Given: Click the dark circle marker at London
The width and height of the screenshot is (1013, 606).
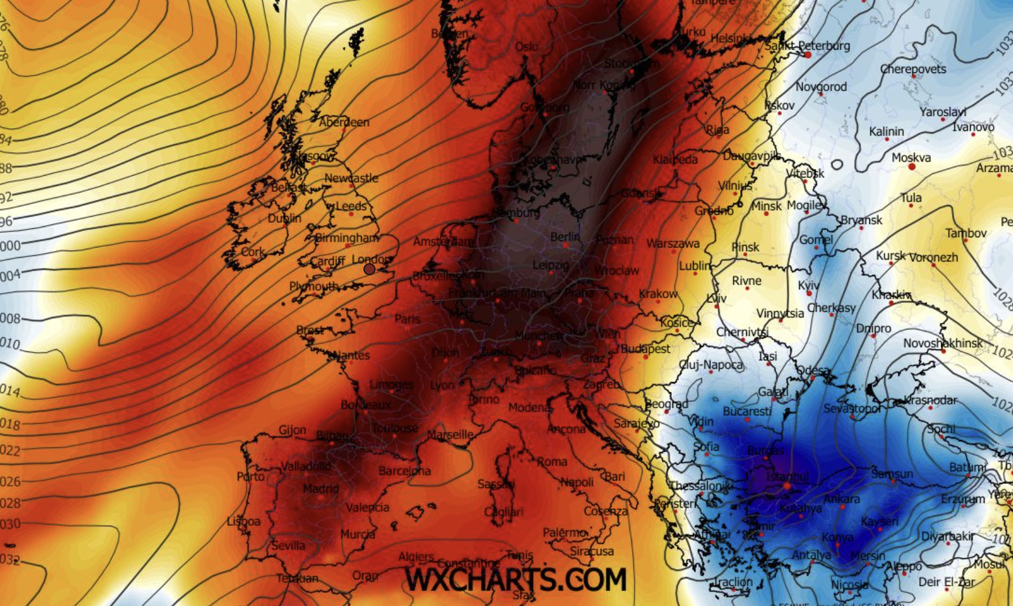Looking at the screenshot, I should [369, 269].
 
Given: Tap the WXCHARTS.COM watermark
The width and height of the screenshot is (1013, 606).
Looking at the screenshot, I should [515, 579].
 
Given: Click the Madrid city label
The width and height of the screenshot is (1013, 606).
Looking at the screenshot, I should [321, 488].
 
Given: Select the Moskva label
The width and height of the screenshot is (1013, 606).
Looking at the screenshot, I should [911, 158].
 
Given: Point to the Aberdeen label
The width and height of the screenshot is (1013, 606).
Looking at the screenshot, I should [344, 122].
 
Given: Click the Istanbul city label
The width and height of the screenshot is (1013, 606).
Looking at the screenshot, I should [787, 477].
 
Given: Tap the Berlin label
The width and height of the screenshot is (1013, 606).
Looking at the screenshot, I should [564, 237].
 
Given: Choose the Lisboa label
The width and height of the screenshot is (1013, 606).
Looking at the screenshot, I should [243, 521].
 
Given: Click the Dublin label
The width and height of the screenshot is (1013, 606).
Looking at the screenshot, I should [284, 218].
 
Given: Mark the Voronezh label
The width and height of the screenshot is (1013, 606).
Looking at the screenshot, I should [933, 257].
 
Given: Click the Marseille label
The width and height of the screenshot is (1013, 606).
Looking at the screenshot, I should [450, 435].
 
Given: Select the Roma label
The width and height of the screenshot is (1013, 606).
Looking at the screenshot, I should [552, 462].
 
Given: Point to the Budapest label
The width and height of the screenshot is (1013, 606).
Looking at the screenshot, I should [645, 349].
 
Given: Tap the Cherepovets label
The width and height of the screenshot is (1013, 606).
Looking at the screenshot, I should [913, 69].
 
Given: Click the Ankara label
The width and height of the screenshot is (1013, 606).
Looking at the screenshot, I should [842, 499].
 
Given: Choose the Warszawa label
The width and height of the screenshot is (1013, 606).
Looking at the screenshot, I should [673, 244].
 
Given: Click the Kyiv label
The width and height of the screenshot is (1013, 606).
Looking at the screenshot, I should [808, 285].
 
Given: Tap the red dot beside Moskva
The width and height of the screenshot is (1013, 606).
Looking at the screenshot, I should [912, 167].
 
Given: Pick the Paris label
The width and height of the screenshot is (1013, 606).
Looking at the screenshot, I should [407, 319].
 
